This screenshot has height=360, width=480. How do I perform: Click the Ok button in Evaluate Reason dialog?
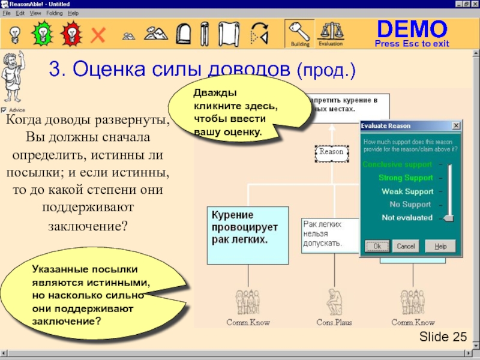377,246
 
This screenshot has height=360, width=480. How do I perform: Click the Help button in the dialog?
440,246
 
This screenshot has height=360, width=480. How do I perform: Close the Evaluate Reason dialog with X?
456,125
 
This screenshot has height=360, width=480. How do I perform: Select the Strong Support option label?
406,178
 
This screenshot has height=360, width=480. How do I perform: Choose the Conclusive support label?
397,164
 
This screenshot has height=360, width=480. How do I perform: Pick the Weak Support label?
407,191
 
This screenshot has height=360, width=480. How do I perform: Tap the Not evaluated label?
407,218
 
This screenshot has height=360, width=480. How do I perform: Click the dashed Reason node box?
331,152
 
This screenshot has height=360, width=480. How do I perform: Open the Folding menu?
54,13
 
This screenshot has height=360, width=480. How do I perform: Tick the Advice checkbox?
4,110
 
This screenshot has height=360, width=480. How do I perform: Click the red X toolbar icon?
97,34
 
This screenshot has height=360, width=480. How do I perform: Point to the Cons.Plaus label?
334,323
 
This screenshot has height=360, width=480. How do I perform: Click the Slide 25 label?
443,337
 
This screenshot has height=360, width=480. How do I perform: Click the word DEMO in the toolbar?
412,28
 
